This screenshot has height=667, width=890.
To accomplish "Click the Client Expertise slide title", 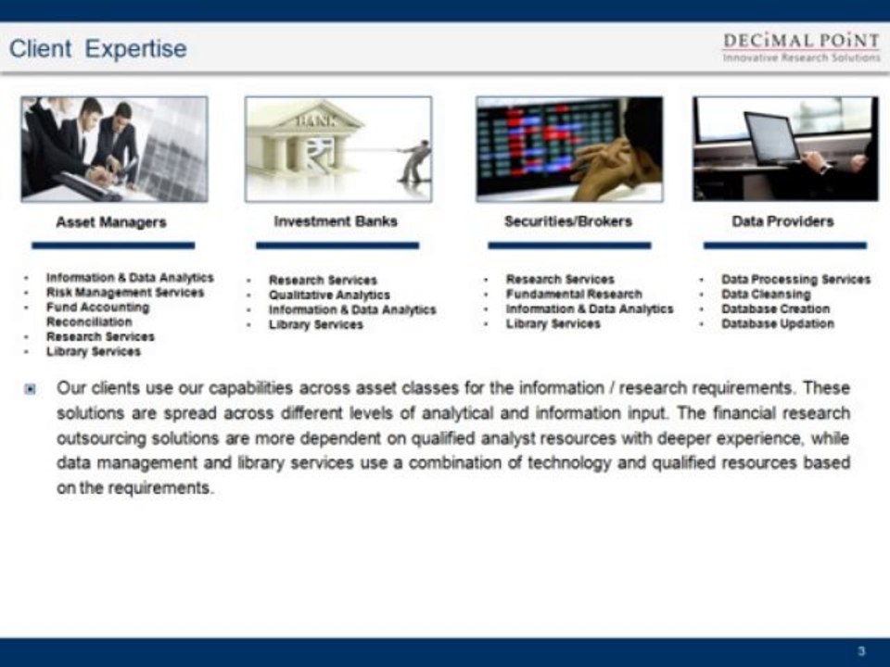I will pos(97,49).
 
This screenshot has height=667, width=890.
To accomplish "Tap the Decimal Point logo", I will pos(801,46).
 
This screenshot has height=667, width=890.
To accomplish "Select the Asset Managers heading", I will pos(111,222).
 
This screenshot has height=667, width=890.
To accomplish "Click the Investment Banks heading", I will pos(336,221).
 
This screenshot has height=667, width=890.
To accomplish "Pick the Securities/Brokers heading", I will pos(567,221).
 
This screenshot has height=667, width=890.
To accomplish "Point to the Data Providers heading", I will pos(782,221).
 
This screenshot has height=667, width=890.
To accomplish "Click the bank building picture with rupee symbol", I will pos(337,148).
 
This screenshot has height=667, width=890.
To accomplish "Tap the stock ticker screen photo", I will pos(569,148).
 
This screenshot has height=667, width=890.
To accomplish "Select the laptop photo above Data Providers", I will pos(784,148).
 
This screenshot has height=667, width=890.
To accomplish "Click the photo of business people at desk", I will pos(114,148).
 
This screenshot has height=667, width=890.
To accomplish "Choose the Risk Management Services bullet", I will pos(124,293).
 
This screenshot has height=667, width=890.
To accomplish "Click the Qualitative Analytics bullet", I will pos(329,295).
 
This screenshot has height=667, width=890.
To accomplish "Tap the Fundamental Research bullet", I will pos(574,294).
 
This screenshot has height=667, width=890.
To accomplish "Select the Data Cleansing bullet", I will pos(766,294).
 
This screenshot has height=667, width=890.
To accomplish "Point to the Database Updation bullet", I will pos(777,323).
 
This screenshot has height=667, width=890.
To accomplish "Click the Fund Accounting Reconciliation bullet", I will pos(97,314).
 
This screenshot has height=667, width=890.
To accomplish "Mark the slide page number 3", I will pos(861,651).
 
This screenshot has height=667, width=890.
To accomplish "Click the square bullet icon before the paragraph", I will pos(31,388).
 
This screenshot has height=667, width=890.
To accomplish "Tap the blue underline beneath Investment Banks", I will pos(337,245).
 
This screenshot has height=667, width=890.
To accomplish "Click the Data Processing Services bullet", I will pos(795,279).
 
